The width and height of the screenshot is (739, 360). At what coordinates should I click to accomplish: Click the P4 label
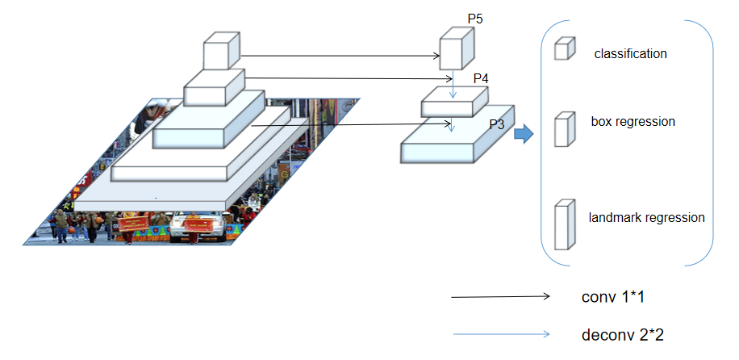click(481, 78)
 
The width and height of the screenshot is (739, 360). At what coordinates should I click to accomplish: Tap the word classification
click(630, 54)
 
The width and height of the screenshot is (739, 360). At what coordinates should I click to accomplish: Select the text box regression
click(633, 122)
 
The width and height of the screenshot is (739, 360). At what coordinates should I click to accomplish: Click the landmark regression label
click(646, 217)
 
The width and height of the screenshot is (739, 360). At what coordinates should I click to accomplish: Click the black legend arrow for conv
click(500, 297)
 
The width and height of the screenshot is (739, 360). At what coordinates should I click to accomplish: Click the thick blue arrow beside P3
click(524, 134)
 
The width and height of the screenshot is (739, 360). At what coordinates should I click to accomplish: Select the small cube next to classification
click(563, 49)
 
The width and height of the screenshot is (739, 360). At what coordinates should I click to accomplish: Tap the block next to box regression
click(563, 130)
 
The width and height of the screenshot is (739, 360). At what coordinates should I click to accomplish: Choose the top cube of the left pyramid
click(221, 51)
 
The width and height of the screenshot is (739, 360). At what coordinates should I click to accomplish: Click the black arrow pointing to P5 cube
click(339, 57)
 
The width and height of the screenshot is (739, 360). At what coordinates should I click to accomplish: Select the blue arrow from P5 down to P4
click(453, 84)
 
